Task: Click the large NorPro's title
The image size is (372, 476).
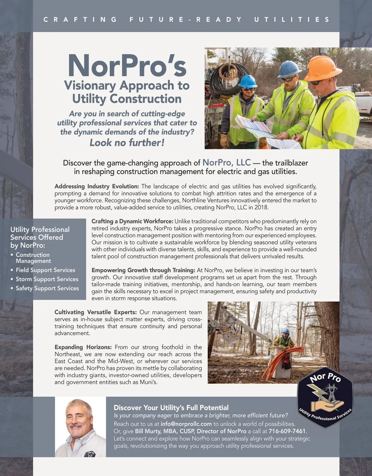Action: pyautogui.click(x=127, y=66)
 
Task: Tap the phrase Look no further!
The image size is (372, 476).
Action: pyautogui.click(x=127, y=143)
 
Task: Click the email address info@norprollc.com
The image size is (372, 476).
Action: pyautogui.click(x=186, y=424)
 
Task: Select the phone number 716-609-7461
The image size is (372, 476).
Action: pyautogui.click(x=287, y=431)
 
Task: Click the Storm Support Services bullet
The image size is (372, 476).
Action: pyautogui.click(x=47, y=279)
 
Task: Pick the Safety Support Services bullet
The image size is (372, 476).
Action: pyautogui.click(x=47, y=288)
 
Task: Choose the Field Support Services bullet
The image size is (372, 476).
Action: pyautogui.click(x=46, y=270)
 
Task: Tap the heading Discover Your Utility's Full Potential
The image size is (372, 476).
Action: pyautogui.click(x=171, y=407)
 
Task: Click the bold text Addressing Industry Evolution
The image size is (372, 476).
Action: pyautogui.click(x=96, y=186)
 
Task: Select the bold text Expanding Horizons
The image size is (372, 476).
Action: pyautogui.click(x=83, y=347)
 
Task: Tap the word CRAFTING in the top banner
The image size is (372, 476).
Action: pyautogui.click(x=80, y=20)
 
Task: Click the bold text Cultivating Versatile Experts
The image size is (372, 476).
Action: pyautogui.click(x=95, y=312)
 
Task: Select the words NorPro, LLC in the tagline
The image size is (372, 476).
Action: pyautogui.click(x=226, y=162)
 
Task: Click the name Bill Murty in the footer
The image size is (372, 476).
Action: pyautogui.click(x=148, y=431)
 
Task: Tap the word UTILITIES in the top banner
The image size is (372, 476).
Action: pyautogui.click(x=292, y=20)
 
